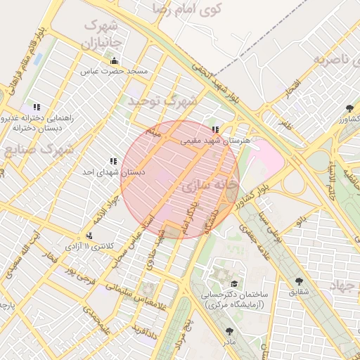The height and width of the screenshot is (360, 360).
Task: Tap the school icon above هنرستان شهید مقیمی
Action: coord(215,129)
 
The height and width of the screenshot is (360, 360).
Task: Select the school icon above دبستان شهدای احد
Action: coord(113,161)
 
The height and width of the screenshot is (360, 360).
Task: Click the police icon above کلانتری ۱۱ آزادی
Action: coord(89,236)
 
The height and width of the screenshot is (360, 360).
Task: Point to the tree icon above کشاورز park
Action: coord(349,108)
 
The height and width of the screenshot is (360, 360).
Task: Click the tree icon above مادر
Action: coord(229,330)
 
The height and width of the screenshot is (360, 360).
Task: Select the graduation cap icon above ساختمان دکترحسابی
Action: coord(233,283)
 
